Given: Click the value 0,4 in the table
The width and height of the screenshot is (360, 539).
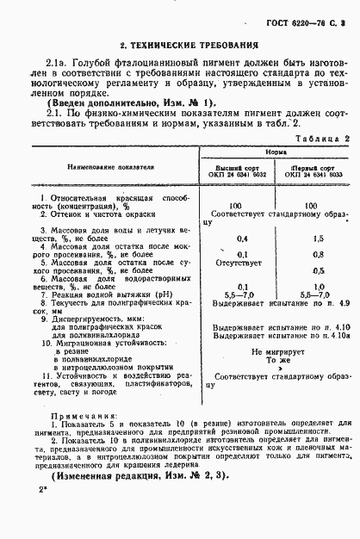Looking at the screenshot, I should click(x=242, y=237).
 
